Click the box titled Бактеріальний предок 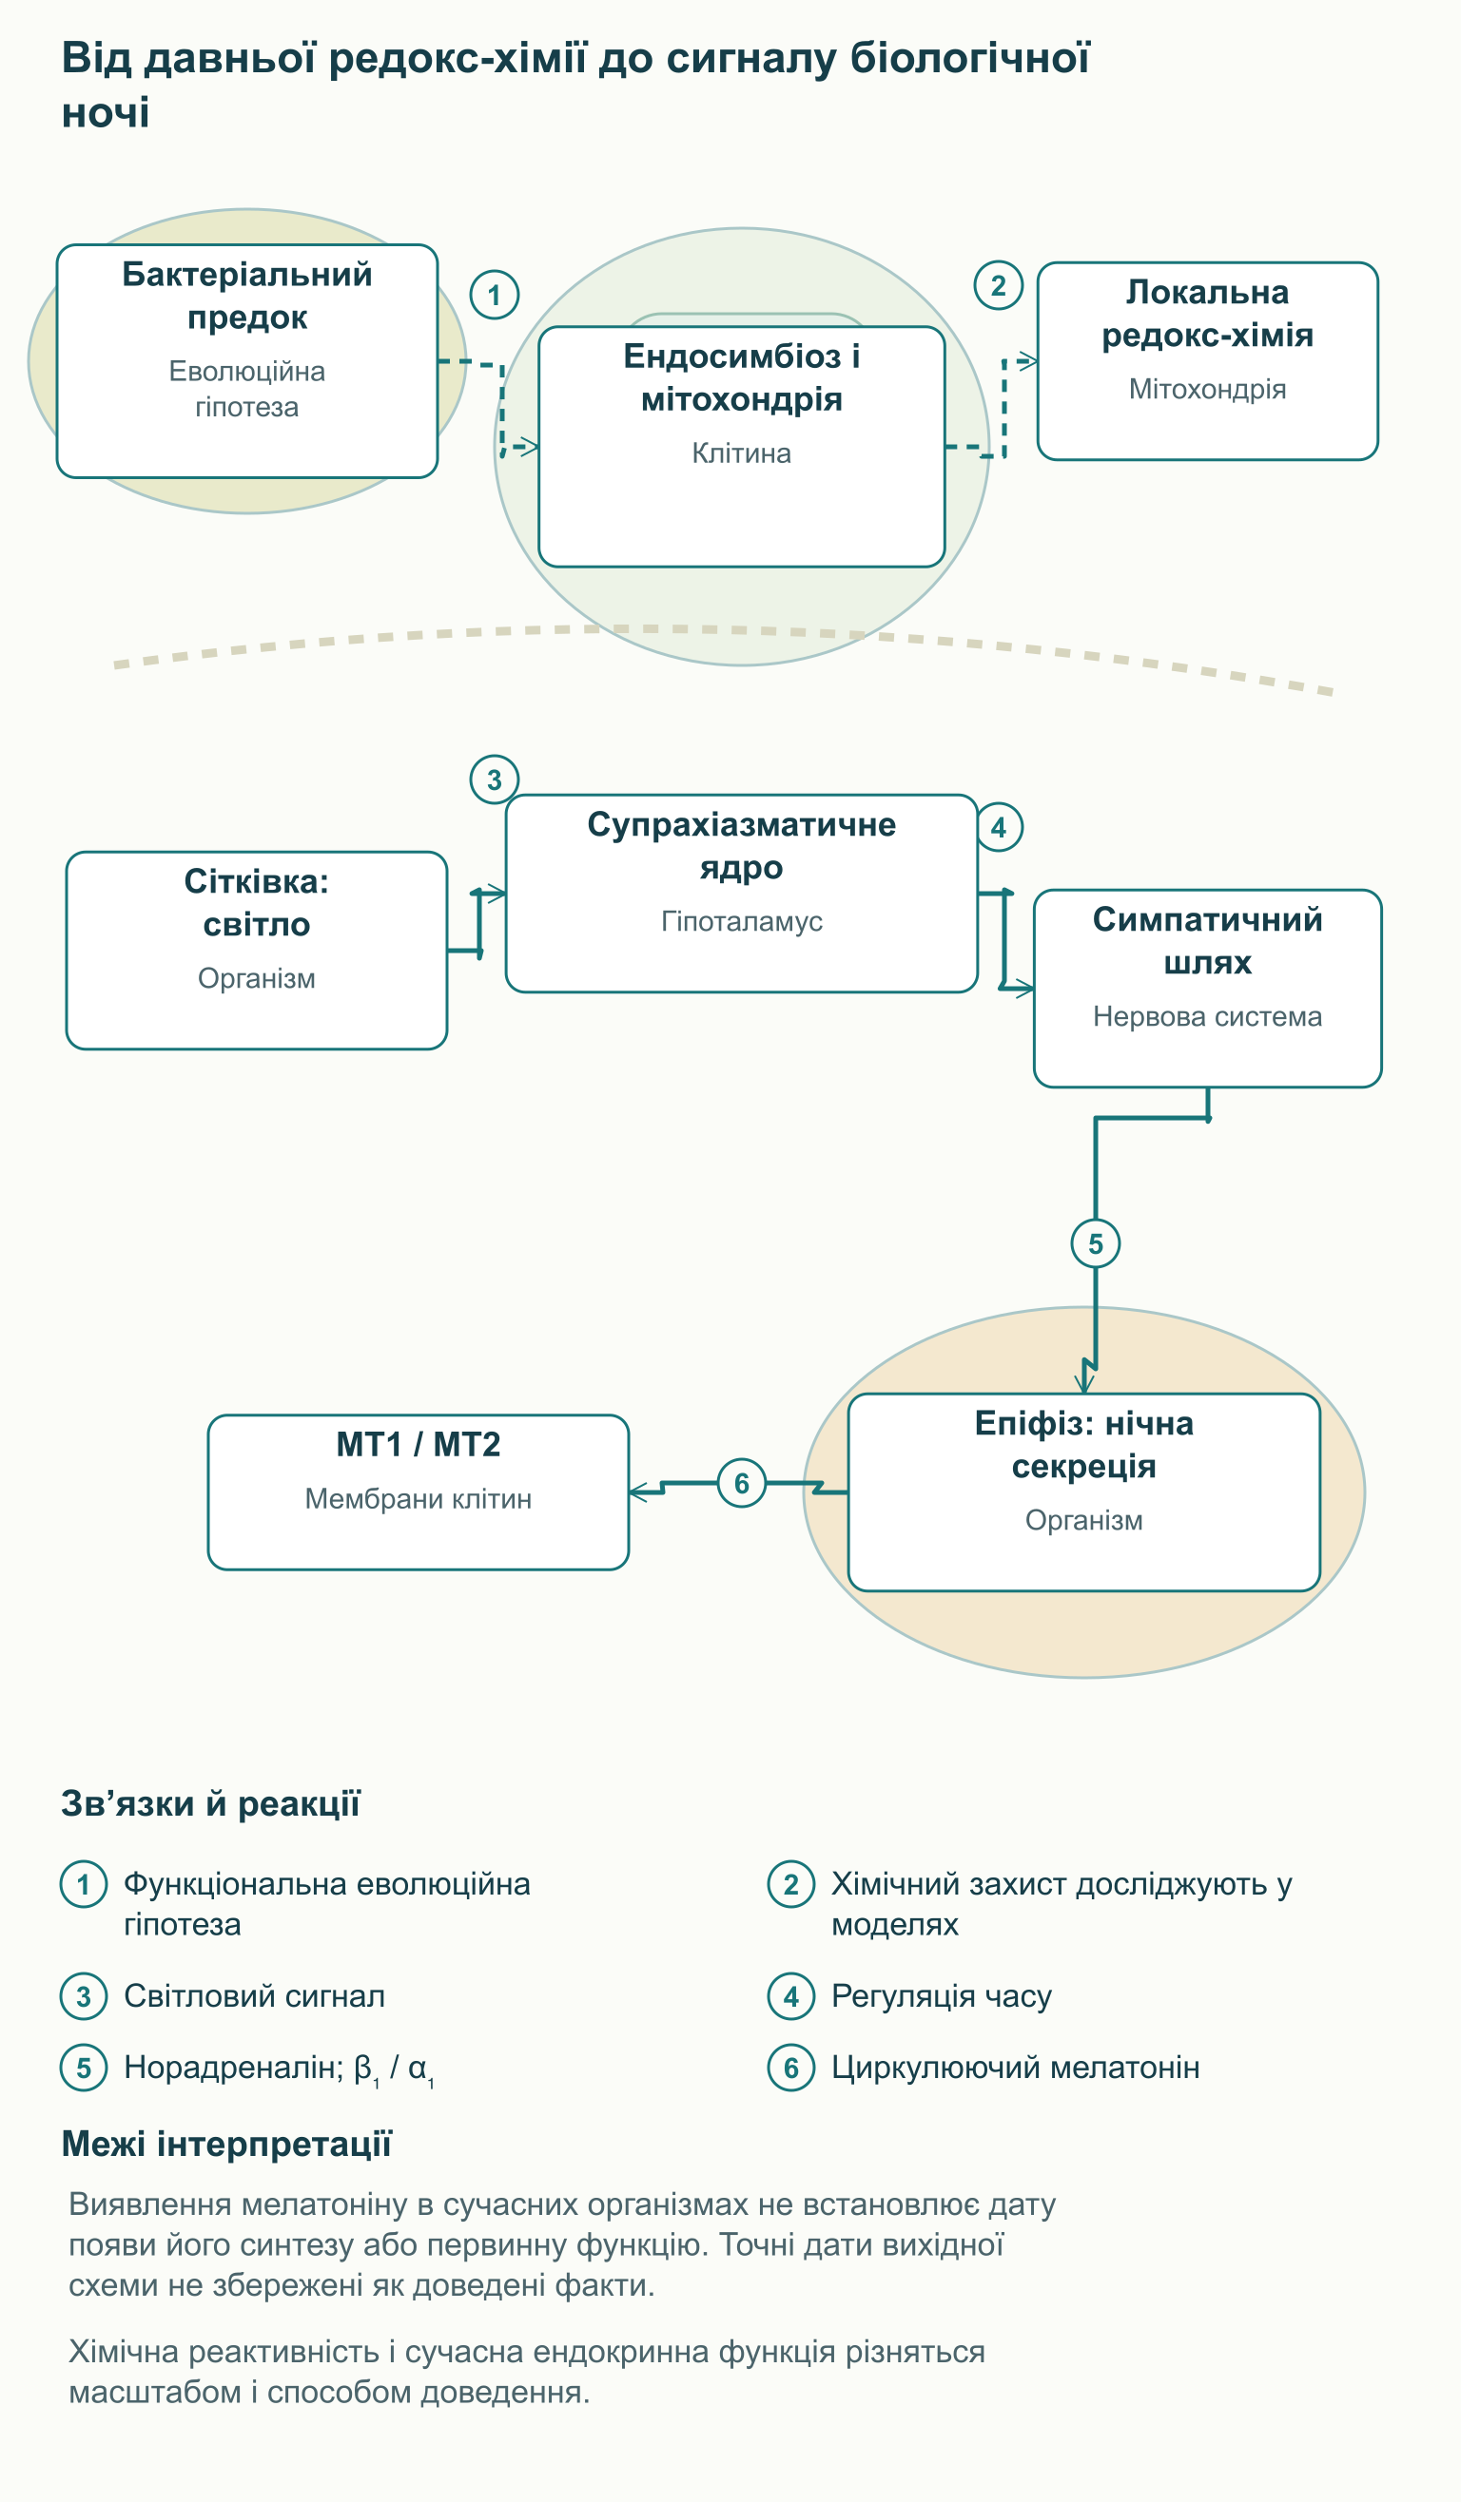pyautogui.click(x=247, y=360)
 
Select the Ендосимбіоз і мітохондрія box pyautogui.click(x=741, y=447)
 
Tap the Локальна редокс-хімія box pyautogui.click(x=1207, y=360)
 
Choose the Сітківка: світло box pyautogui.click(x=256, y=951)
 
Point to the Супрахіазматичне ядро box pyautogui.click(x=741, y=893)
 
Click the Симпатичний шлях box pyautogui.click(x=1207, y=988)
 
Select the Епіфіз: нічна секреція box pyautogui.click(x=1083, y=1492)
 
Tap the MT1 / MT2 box pyautogui.click(x=419, y=1492)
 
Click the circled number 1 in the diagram pyautogui.click(x=494, y=295)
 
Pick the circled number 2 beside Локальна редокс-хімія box pyautogui.click(x=998, y=286)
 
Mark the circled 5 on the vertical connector pyautogui.click(x=1096, y=1243)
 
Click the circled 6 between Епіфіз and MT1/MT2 pyautogui.click(x=741, y=1483)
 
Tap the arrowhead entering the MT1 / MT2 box pyautogui.click(x=637, y=1492)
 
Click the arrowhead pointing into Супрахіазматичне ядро pyautogui.click(x=497, y=894)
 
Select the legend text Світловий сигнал pyautogui.click(x=254, y=1995)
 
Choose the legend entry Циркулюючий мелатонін pyautogui.click(x=1015, y=2068)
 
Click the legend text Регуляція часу pyautogui.click(x=942, y=1995)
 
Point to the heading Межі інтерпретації pyautogui.click(x=226, y=2145)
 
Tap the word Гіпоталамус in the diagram pyautogui.click(x=742, y=921)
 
